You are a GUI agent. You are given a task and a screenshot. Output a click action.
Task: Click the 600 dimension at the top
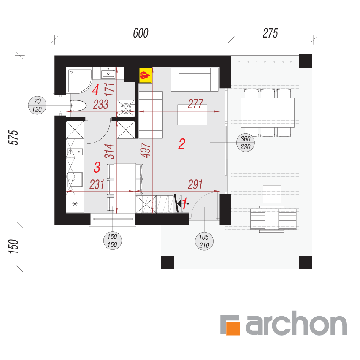141,33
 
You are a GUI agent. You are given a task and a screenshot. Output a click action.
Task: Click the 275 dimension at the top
270,33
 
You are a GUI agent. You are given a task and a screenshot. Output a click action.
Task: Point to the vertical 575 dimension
14,138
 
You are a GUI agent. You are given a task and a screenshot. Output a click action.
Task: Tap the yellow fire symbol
145,75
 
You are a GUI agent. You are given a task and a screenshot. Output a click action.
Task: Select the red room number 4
95,90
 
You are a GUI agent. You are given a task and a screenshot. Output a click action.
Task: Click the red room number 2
181,144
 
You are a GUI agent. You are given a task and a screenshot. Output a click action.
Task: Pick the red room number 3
97,167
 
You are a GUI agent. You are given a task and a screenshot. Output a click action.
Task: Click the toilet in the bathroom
78,106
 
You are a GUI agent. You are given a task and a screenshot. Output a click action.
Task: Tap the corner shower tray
80,81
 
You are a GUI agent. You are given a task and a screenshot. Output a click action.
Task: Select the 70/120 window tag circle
37,106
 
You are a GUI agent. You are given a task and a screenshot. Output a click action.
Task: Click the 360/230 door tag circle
246,143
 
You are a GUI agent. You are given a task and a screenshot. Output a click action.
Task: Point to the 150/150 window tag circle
112,241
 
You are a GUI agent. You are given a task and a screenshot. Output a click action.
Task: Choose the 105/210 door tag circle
204,241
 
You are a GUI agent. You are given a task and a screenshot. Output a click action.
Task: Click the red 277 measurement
195,104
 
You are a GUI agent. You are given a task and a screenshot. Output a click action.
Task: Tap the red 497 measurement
146,150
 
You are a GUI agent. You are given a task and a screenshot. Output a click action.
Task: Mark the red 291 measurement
195,184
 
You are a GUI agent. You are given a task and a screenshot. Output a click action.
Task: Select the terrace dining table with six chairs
268,113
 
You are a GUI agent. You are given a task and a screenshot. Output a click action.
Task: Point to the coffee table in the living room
192,115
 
